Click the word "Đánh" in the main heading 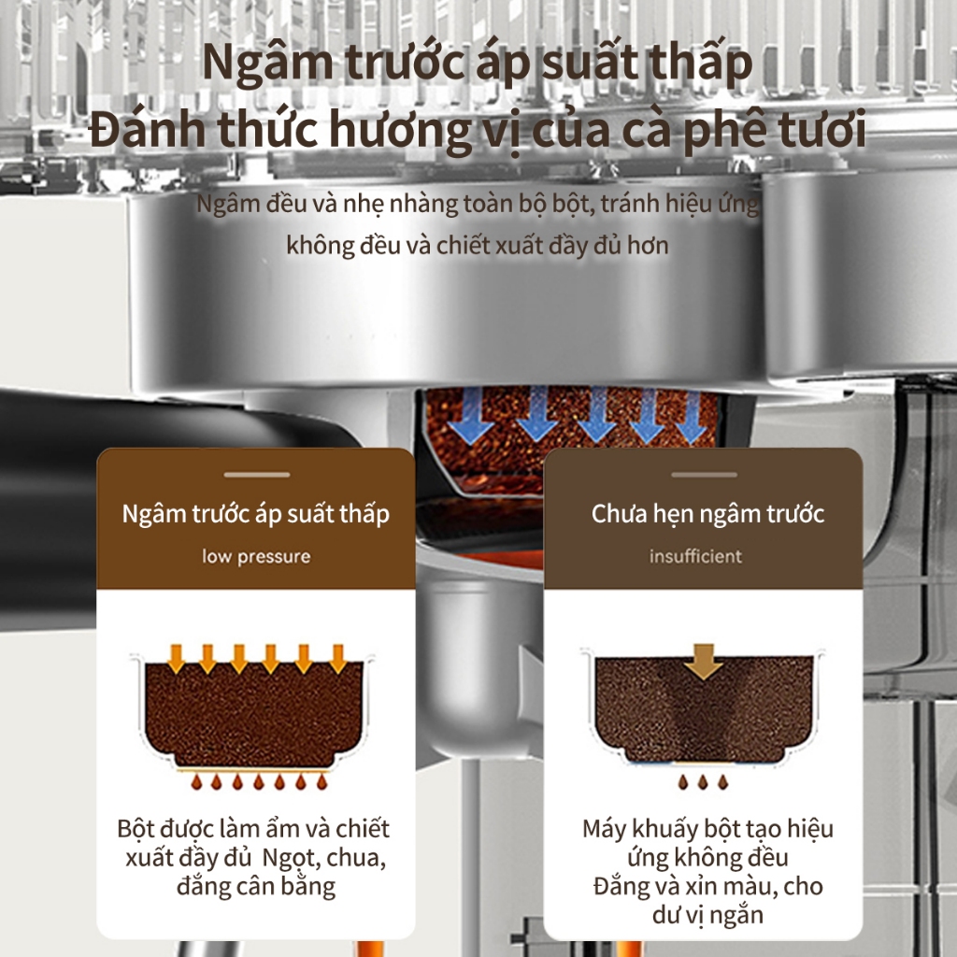pyautogui.click(x=147, y=129)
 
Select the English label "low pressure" pyautogui.click(x=256, y=557)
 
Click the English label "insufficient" pyautogui.click(x=695, y=556)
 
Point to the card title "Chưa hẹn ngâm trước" pyautogui.click(x=708, y=514)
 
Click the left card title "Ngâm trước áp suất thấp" pyautogui.click(x=256, y=515)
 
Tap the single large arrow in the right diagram pyautogui.click(x=704, y=661)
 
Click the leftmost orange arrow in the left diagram pyautogui.click(x=177, y=659)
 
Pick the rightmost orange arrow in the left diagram pyautogui.click(x=337, y=659)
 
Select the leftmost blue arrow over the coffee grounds pyautogui.click(x=471, y=415)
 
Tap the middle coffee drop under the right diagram pyautogui.click(x=703, y=782)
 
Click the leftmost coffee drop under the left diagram pyautogui.click(x=196, y=782)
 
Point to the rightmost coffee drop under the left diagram pyautogui.click(x=321, y=782)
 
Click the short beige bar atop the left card pyautogui.click(x=256, y=474)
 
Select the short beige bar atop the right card pyautogui.click(x=704, y=474)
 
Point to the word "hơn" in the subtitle pyautogui.click(x=649, y=246)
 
